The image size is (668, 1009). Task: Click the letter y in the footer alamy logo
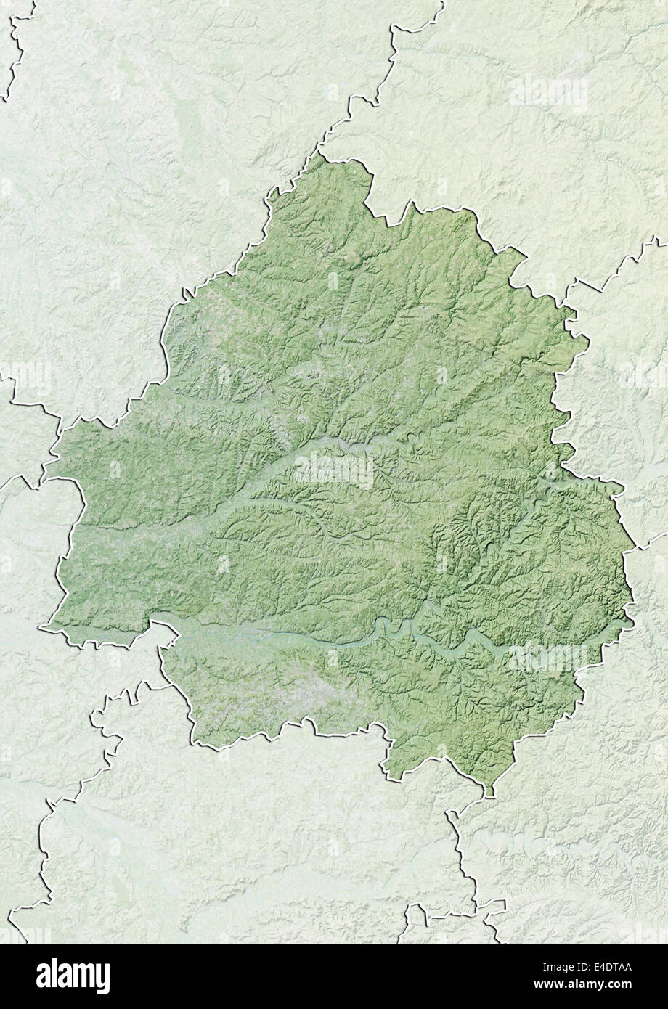pos(104,978)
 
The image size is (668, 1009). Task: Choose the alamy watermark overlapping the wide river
pos(548,657)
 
